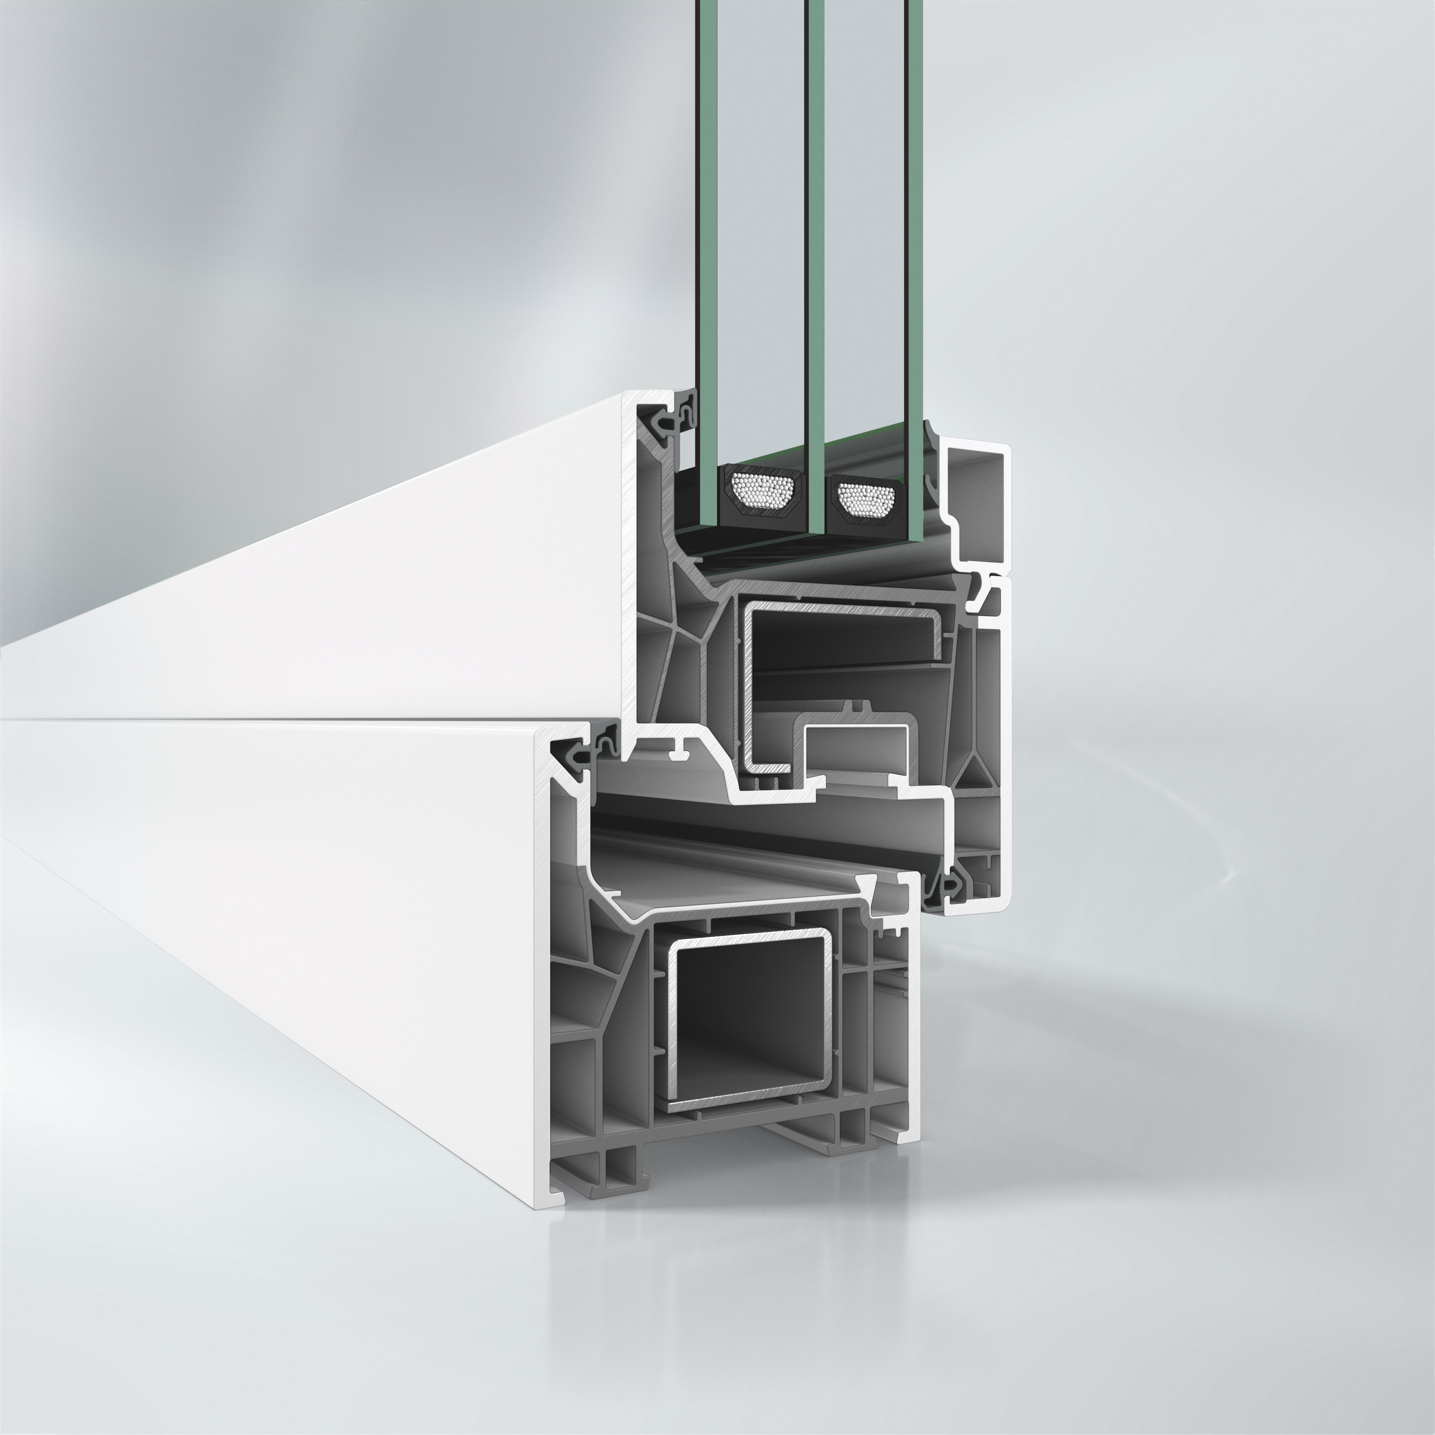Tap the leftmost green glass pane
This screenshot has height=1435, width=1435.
coord(707,223)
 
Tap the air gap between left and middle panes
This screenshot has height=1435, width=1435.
coord(761,223)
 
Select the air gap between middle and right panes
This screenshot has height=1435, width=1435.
coord(866,223)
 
